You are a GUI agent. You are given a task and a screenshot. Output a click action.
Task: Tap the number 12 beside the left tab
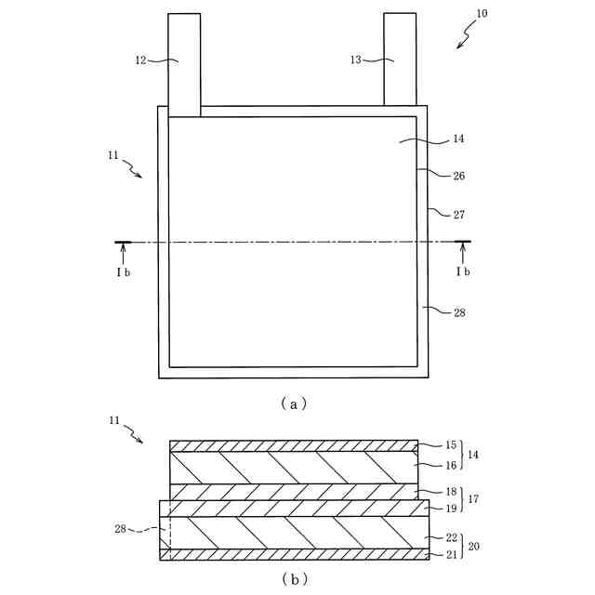[x=140, y=60]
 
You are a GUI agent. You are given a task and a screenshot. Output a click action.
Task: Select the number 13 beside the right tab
[x=355, y=60]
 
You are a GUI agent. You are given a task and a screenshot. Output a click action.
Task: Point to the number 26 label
[x=459, y=176]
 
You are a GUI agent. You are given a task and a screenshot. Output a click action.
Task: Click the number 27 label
[x=459, y=215]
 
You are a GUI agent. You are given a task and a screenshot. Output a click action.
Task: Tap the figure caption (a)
[x=293, y=403]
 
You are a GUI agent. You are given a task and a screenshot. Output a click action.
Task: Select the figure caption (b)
[x=295, y=578]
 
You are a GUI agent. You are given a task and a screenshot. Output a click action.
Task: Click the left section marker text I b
[x=123, y=271]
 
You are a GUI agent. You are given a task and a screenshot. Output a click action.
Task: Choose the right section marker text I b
[x=462, y=271]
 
